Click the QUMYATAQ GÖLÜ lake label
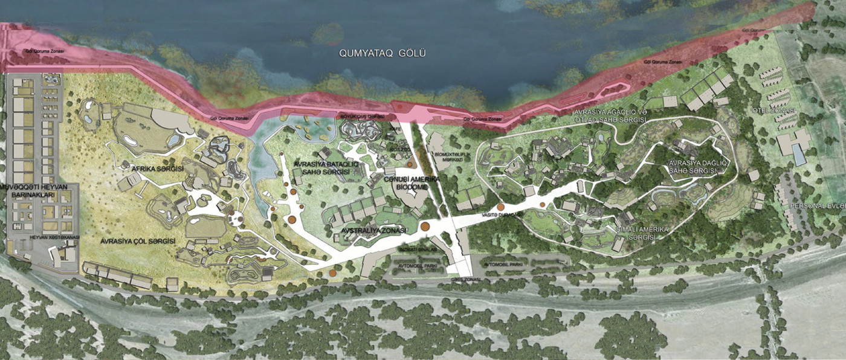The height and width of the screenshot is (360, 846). click(382, 53)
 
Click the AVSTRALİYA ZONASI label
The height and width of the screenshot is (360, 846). click(366, 230)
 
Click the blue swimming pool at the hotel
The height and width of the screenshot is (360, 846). click(798, 156)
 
